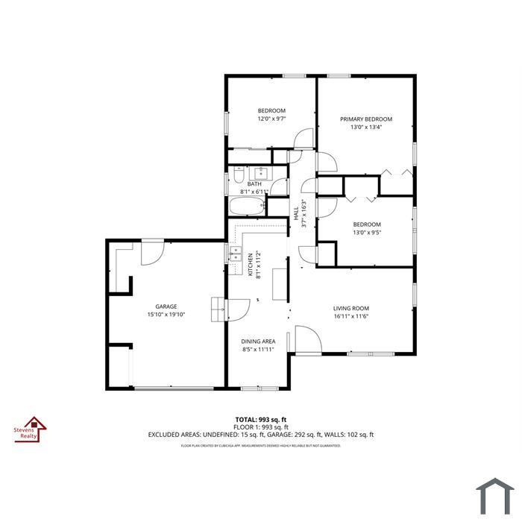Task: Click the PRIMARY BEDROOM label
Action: [366, 119]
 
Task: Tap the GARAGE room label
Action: [166, 306]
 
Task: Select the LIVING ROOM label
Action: [351, 308]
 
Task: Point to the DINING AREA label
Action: [258, 342]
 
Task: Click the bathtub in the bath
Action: [248, 207]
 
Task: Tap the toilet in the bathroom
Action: [239, 174]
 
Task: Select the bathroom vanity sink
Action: [261, 173]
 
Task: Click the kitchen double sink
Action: [236, 254]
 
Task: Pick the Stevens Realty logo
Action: [31, 430]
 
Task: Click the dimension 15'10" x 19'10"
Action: [166, 314]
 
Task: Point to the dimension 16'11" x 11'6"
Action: [351, 316]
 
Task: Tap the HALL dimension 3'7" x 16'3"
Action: [304, 213]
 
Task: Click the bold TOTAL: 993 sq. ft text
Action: [261, 419]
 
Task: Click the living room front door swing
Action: [309, 339]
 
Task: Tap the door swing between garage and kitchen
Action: [237, 310]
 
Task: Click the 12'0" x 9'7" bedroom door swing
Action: [304, 139]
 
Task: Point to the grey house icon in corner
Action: [495, 497]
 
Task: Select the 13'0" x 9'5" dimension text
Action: [367, 233]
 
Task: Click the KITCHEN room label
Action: [251, 265]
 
